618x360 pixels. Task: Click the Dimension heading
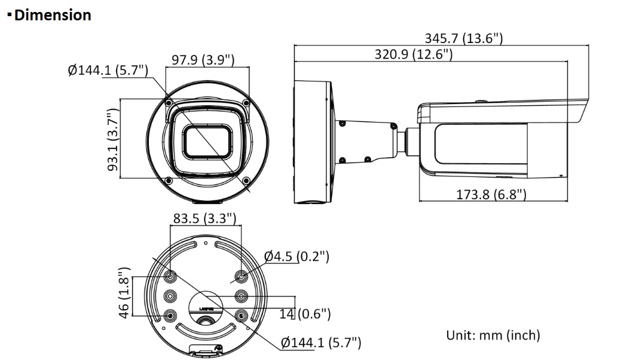[x=53, y=15]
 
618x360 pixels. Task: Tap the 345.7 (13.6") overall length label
[x=464, y=38]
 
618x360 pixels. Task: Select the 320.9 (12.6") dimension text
[x=414, y=54]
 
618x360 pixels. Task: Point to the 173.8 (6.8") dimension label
[x=491, y=194]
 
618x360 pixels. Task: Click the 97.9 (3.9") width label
[x=203, y=60]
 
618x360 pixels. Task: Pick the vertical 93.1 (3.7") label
[x=113, y=139]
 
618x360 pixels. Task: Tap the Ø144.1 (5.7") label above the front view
[x=108, y=70]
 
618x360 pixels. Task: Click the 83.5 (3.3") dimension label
[x=204, y=218]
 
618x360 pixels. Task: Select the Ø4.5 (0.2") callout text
[x=296, y=257]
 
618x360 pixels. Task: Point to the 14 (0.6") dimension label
[x=305, y=314]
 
